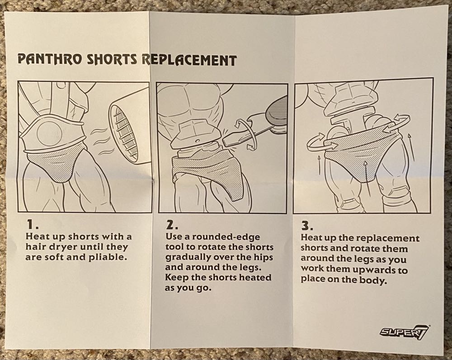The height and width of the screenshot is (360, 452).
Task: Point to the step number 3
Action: (307, 225)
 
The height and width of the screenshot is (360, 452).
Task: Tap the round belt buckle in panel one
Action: (49, 133)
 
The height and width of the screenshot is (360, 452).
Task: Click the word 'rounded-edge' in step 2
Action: (226, 237)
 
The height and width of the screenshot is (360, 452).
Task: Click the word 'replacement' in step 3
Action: (388, 238)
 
